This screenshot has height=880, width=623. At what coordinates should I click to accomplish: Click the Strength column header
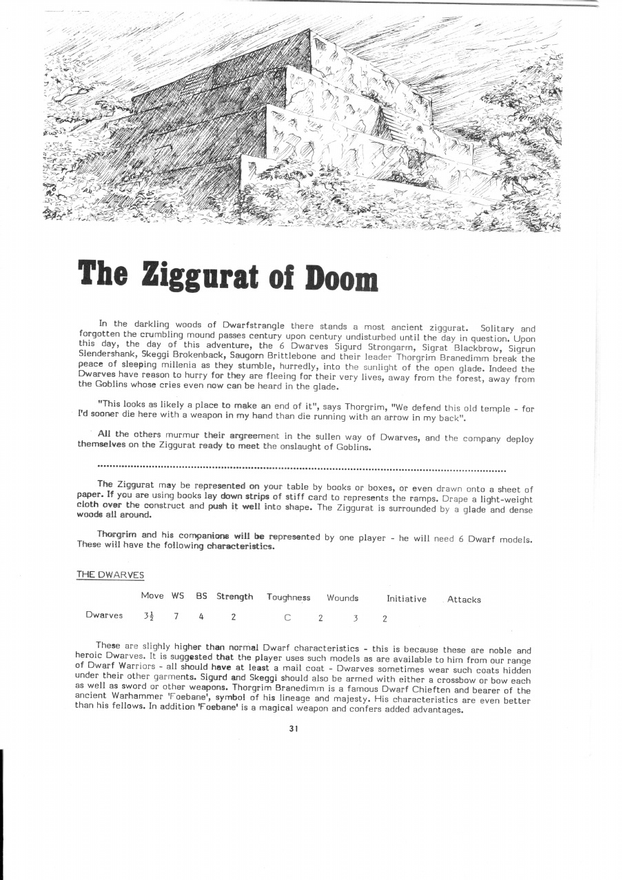click(234, 597)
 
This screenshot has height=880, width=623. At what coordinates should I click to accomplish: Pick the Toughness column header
click(288, 597)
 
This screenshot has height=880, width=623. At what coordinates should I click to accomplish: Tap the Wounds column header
click(343, 597)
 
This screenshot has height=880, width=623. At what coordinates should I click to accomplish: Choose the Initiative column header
click(407, 599)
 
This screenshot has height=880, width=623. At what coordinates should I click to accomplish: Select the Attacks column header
click(464, 600)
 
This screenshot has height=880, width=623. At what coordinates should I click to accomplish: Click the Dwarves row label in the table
click(104, 615)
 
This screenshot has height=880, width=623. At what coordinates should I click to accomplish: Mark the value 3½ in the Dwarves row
click(148, 616)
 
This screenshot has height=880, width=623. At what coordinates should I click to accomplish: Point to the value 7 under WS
click(176, 616)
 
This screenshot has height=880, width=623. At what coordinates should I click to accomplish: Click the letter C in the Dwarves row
click(287, 617)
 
